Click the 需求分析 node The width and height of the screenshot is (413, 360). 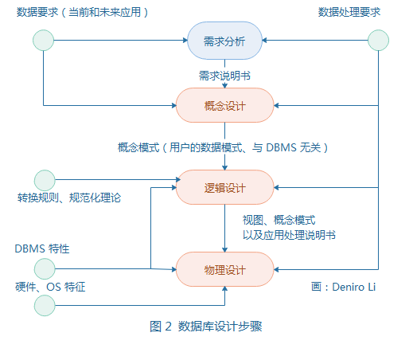[225, 41]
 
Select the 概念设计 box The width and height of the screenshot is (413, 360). [225, 105]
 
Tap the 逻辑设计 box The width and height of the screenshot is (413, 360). [225, 187]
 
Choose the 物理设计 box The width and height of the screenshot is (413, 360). [225, 268]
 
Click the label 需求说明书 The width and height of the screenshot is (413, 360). [225, 75]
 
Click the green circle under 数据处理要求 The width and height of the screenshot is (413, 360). [378, 41]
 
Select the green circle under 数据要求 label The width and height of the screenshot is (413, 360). [43, 41]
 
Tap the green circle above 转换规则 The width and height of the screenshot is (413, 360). [44, 180]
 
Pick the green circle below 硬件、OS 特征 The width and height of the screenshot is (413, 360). [44, 304]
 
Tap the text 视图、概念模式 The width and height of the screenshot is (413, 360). [279, 219]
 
